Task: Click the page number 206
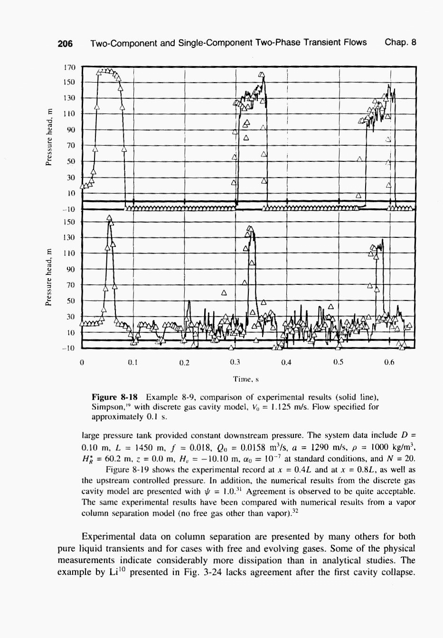(65, 43)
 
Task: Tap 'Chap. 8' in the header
(400, 43)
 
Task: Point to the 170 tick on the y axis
(69, 67)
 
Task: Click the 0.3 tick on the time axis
(235, 363)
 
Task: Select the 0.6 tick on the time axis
(389, 363)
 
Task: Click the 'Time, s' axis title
(245, 379)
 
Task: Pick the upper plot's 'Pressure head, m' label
(48, 138)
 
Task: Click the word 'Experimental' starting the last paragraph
(110, 537)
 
